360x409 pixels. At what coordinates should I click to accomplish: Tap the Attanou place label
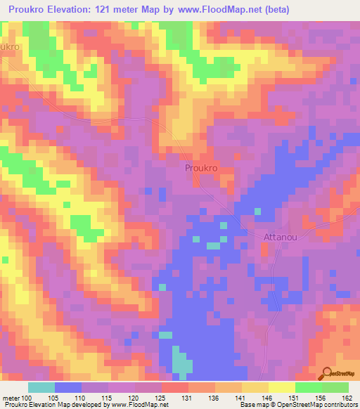click(x=281, y=237)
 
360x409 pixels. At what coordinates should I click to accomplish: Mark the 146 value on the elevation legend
click(x=268, y=398)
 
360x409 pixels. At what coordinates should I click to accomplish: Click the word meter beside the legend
click(x=11, y=398)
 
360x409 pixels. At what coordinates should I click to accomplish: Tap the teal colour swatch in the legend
click(x=41, y=387)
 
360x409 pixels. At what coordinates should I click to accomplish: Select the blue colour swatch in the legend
click(x=67, y=387)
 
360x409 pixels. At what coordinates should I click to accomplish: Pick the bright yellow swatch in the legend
click(x=281, y=387)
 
